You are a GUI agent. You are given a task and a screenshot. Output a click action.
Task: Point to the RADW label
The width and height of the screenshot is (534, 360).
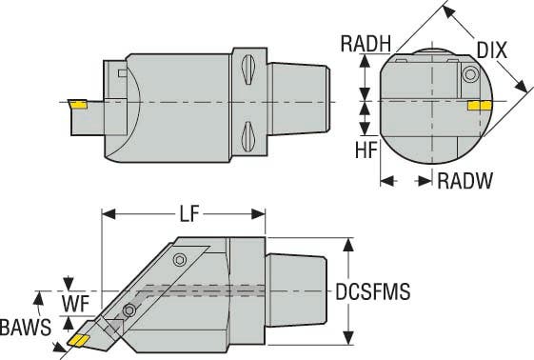pyautogui.click(x=465, y=181)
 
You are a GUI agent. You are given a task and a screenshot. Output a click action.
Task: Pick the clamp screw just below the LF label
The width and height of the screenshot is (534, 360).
pyautogui.click(x=180, y=260)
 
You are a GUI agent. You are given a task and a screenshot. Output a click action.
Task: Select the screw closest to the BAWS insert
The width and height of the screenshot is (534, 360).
pyautogui.click(x=129, y=309)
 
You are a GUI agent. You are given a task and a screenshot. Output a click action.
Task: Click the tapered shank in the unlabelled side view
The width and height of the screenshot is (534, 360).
pyautogui.click(x=301, y=99)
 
